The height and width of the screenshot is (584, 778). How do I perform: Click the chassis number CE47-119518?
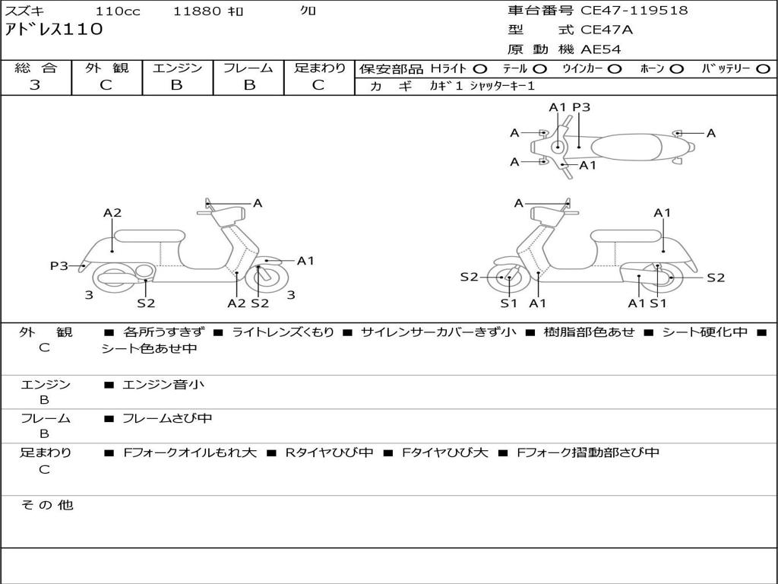coord(634,11)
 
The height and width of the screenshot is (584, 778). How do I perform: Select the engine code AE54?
coord(601,49)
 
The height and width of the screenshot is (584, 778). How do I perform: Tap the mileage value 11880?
coord(197,11)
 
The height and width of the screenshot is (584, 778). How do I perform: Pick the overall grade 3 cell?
coord(35,85)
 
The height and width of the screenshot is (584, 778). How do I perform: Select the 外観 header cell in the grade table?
coord(106,68)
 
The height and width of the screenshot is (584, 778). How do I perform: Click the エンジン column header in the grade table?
coord(177,68)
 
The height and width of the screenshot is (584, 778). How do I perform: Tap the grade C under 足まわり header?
coord(318,85)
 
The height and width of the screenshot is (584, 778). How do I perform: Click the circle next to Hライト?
coord(480,68)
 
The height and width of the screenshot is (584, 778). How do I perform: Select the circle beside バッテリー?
coord(763,68)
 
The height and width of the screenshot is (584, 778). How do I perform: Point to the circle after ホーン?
coord(676,68)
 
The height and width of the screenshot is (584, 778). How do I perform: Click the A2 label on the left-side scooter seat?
coord(112,213)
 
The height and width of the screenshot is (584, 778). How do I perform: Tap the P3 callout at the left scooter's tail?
coord(59,265)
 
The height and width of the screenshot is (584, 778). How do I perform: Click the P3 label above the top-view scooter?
coord(581,107)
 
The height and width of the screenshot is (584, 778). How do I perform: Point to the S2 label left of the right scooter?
coord(469,277)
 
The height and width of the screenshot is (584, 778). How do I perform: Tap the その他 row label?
coord(46,505)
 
